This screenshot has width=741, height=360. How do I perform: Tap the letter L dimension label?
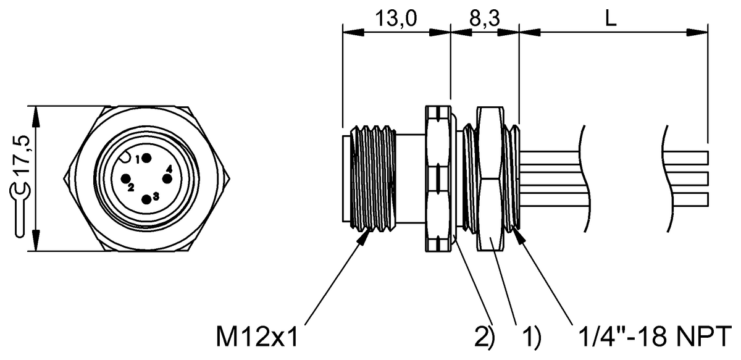(x=611, y=19)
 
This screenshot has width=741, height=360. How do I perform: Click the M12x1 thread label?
(x=257, y=337)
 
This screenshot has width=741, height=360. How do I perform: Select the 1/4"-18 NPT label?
(x=655, y=336)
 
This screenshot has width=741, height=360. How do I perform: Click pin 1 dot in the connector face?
(x=147, y=159)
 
